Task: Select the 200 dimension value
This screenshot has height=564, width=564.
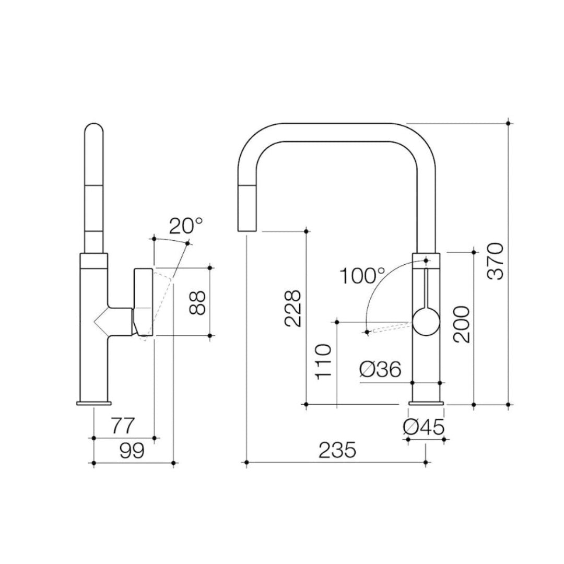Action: click(462, 324)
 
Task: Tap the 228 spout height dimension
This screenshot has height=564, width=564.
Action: click(292, 308)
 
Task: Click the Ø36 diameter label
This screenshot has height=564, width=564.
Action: click(380, 369)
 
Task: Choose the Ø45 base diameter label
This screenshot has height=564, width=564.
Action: click(424, 427)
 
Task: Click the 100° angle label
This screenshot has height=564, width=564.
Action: click(362, 276)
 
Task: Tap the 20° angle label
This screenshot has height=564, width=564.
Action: click(186, 226)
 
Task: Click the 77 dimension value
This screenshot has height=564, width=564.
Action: click(122, 426)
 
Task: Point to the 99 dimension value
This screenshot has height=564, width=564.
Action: click(132, 451)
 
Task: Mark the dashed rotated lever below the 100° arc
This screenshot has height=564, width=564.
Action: click(392, 327)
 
